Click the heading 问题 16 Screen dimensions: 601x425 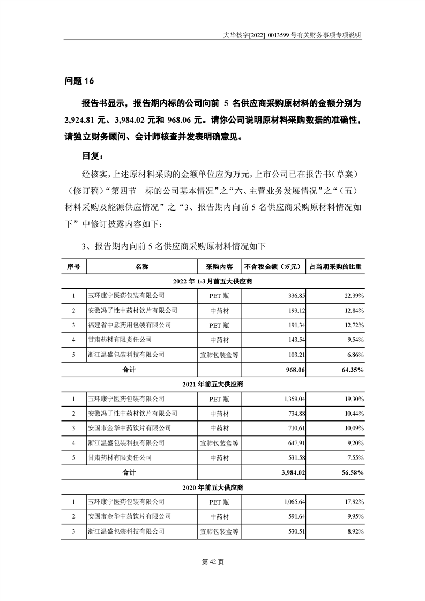[79, 81]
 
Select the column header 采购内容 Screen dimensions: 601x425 [219, 266]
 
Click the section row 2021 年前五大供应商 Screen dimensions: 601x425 [212, 384]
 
